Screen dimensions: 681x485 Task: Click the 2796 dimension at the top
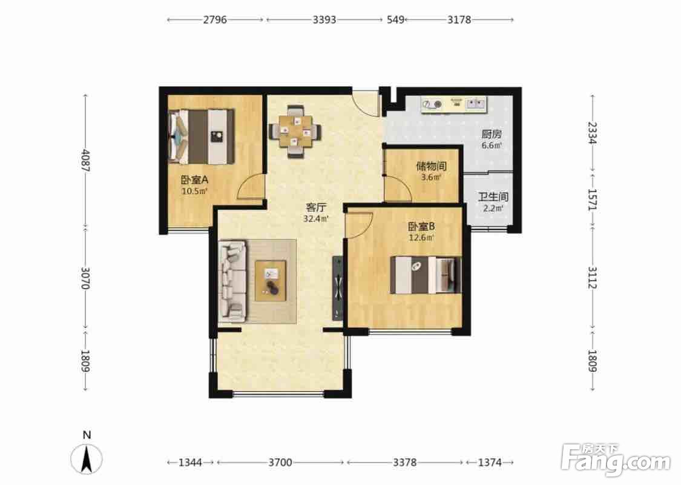[x=215, y=19]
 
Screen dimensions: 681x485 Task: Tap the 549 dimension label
[x=395, y=19]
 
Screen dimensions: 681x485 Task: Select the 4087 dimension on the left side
[x=86, y=161]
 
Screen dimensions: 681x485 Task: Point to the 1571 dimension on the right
[x=593, y=199]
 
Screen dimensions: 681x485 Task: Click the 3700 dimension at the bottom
[x=280, y=462]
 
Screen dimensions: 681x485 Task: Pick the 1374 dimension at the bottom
[x=490, y=462]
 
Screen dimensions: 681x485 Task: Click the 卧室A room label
[x=195, y=179]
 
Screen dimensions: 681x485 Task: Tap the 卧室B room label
[x=421, y=226]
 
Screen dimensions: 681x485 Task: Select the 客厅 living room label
[x=316, y=207]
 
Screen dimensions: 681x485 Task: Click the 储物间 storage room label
[x=431, y=166]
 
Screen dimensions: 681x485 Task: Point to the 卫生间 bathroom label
[x=493, y=197]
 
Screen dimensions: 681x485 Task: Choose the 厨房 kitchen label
[x=491, y=134]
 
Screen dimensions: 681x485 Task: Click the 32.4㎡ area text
[x=316, y=219]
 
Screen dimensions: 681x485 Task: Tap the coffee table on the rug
[x=271, y=281]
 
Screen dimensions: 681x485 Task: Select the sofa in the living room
[x=233, y=282]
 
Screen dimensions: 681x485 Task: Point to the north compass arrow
[x=87, y=459]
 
